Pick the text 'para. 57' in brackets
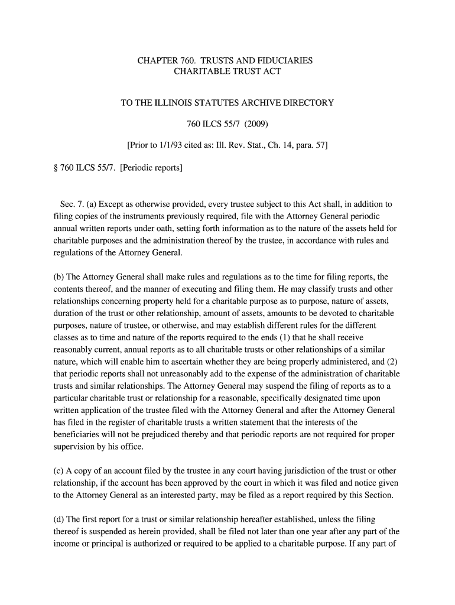(x=309, y=145)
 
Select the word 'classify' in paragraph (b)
(x=321, y=289)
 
